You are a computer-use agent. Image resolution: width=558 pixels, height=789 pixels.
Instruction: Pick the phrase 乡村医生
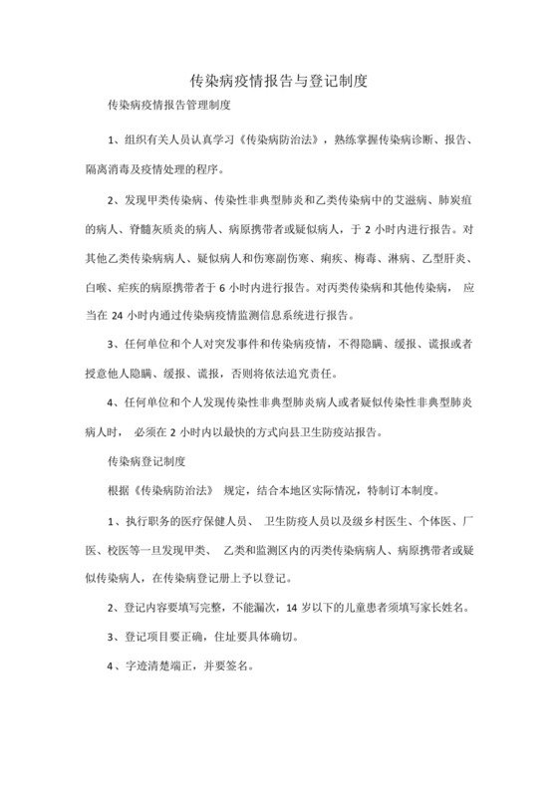pos(376,522)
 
